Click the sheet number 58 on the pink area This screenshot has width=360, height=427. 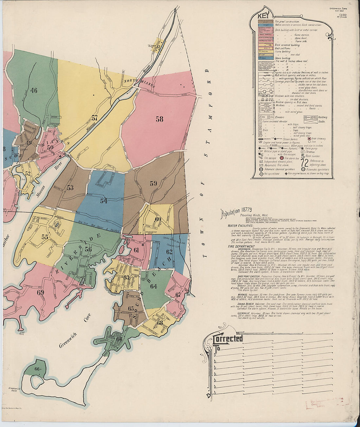tap(159, 119)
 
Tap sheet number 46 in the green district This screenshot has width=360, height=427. tap(34, 90)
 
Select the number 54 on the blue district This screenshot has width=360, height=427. tap(104, 201)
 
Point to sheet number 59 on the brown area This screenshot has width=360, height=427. tap(153, 184)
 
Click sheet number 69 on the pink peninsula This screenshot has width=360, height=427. tap(41, 292)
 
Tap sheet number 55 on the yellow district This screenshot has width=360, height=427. tap(45, 237)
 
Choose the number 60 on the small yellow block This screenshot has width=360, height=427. tap(158, 219)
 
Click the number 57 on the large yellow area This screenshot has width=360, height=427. tap(95, 118)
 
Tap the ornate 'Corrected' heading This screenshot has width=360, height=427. tap(228, 338)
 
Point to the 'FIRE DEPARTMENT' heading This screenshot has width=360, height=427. tap(241, 246)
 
